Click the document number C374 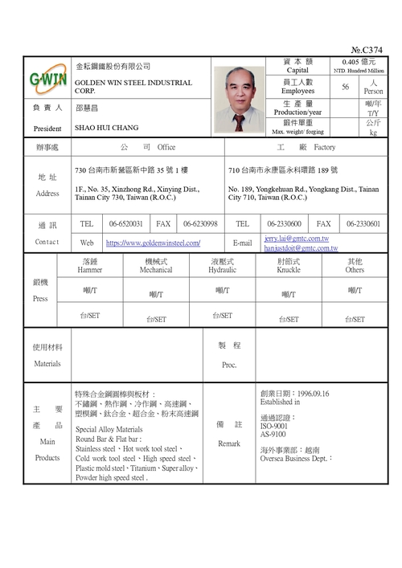pos(369,50)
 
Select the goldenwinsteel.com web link pos(153,243)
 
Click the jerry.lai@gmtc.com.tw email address pos(297,239)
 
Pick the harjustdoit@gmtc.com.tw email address pos(301,248)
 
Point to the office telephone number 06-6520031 pos(126,223)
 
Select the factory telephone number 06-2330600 pos(285,223)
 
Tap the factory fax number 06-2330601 pos(363,223)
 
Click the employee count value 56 pos(346,87)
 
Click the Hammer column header pos(90,271)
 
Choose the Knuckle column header pos(289,271)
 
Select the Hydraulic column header pos(223,271)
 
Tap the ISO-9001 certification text pos(274,426)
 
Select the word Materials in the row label pos(47,364)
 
